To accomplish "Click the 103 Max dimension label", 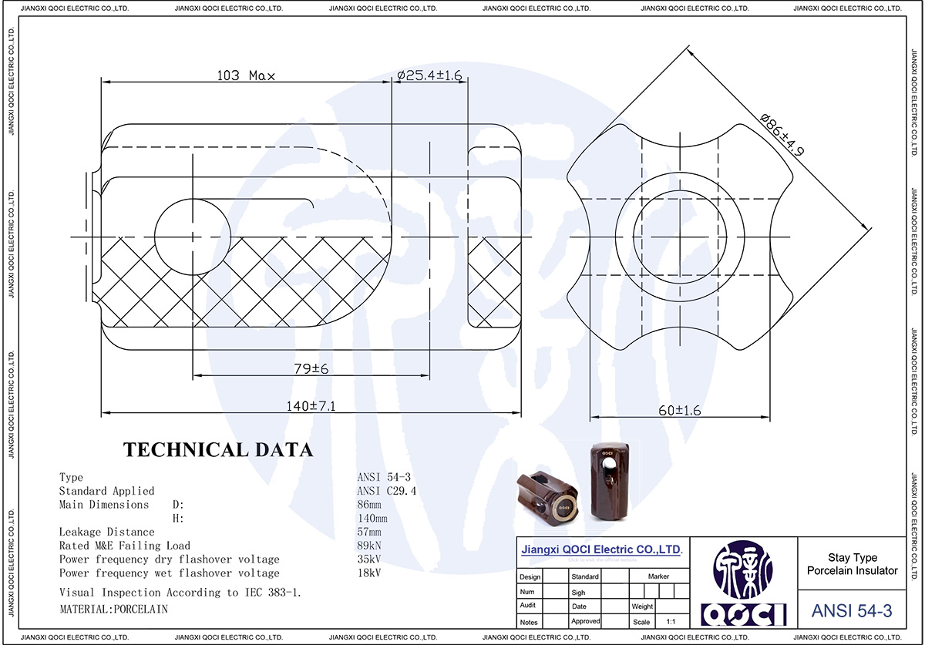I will coord(246,76).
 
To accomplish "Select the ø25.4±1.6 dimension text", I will coord(429,76).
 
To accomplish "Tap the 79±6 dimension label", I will coord(310,369).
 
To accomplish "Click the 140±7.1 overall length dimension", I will coord(310,406).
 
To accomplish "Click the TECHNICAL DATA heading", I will coord(219,450).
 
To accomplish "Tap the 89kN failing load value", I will coord(371,546).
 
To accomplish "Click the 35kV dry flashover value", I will coord(369,559).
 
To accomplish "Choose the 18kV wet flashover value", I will coord(369,573).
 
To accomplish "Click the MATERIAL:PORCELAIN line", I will coord(113,609).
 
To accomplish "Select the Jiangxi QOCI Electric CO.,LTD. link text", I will coord(602,550).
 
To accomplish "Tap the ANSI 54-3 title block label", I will coord(852,611).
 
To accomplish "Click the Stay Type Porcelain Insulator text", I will coord(852,564).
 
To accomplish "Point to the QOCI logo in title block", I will coord(745,586).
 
